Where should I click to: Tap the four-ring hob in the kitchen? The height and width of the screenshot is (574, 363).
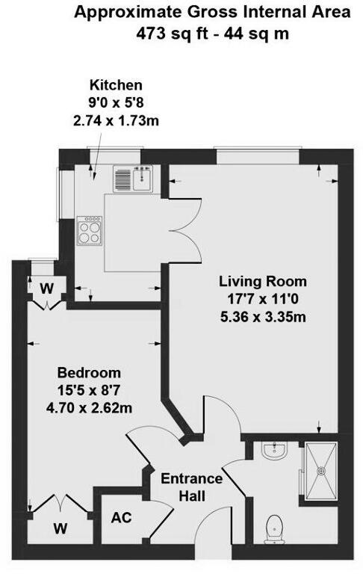(90, 229)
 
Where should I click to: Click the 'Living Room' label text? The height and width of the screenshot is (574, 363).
(262, 282)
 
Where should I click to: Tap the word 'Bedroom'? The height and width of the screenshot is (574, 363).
(89, 372)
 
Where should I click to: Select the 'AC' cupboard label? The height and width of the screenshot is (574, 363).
(120, 517)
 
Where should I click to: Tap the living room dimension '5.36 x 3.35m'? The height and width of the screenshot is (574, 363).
(263, 316)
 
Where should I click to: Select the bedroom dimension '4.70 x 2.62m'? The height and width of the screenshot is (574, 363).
(90, 407)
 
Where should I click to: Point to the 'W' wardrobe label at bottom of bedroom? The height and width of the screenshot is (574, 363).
(58, 529)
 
